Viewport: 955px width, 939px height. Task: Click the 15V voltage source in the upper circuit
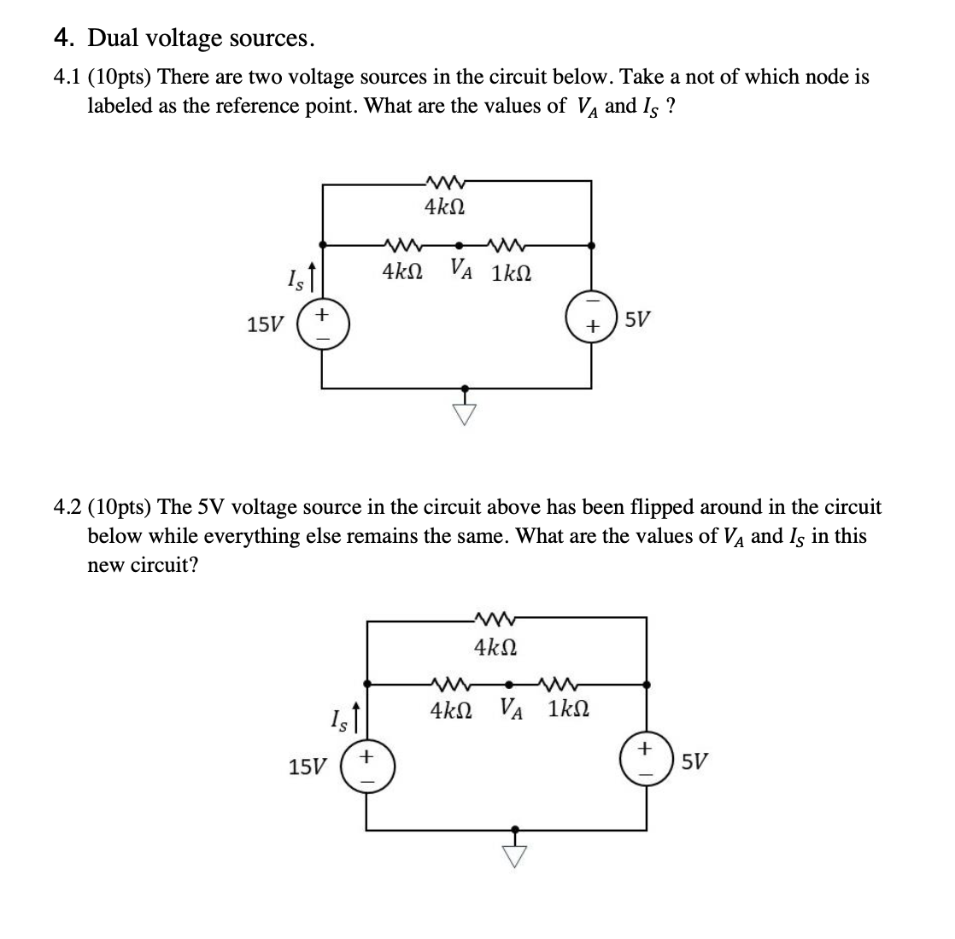tap(321, 325)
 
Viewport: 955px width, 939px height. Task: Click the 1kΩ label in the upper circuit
tap(512, 273)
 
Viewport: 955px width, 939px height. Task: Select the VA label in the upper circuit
tap(465, 272)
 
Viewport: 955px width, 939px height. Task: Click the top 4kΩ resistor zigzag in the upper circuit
tap(443, 180)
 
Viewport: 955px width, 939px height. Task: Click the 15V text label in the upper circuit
tap(264, 325)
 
